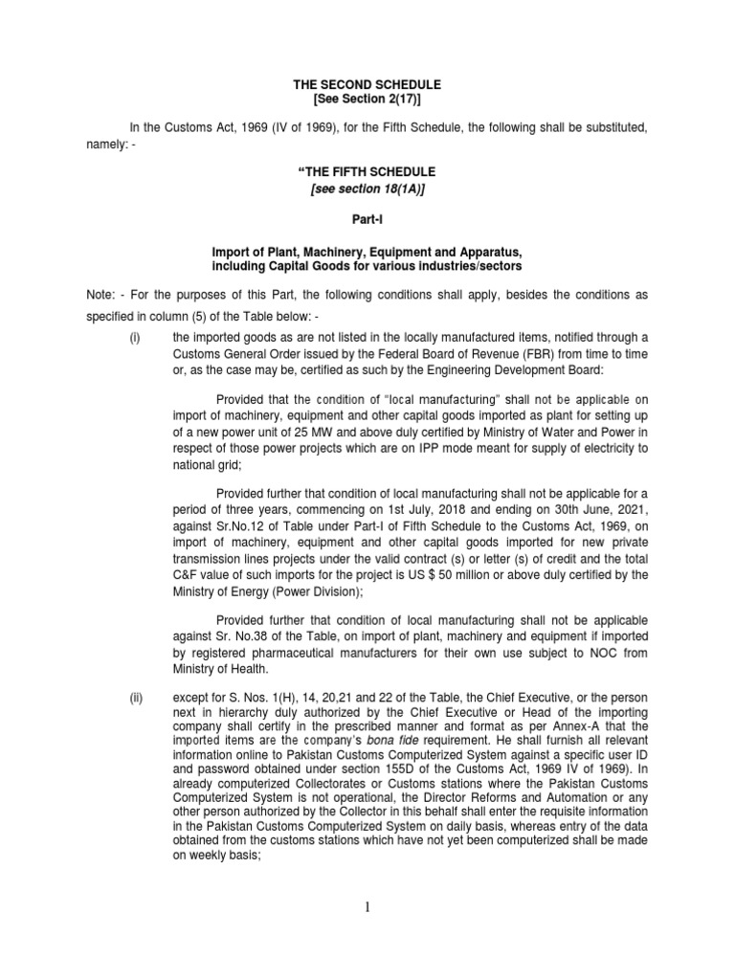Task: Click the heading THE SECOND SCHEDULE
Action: pos(367,85)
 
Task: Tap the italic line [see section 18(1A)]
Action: pos(367,189)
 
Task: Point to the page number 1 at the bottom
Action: pos(367,909)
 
